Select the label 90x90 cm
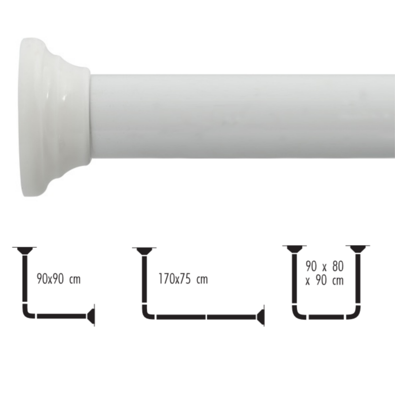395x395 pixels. pyautogui.click(x=58, y=280)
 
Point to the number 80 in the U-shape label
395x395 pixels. pyautogui.click(x=337, y=267)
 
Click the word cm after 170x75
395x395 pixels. pyautogui.click(x=201, y=280)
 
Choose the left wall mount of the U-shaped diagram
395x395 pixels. pyautogui.click(x=294, y=248)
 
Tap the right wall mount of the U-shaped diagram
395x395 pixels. pyautogui.click(x=357, y=248)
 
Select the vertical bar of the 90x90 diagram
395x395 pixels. pyautogui.click(x=25, y=281)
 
